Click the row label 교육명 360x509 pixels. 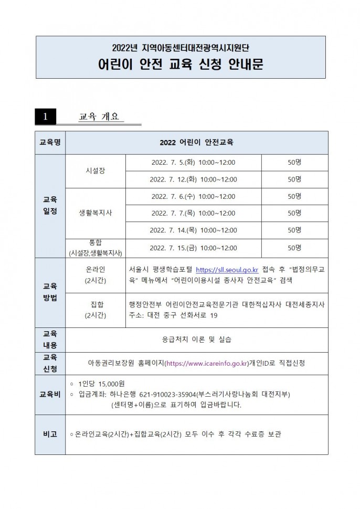tap(50, 142)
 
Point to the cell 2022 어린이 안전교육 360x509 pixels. tap(197, 142)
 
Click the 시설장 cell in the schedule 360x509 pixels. tap(95, 171)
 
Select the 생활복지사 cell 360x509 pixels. tap(95, 213)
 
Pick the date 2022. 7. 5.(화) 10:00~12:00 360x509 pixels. tap(193, 162)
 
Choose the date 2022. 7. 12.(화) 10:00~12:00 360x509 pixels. tap(193, 179)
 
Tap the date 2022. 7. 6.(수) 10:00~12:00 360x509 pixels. tap(193, 196)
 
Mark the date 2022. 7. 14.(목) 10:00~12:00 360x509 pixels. tap(193, 230)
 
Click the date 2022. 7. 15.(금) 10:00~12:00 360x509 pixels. tap(193, 247)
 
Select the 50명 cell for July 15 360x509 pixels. tap(294, 247)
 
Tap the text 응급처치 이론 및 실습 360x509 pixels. tap(197, 339)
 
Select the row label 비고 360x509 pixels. tap(50, 434)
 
